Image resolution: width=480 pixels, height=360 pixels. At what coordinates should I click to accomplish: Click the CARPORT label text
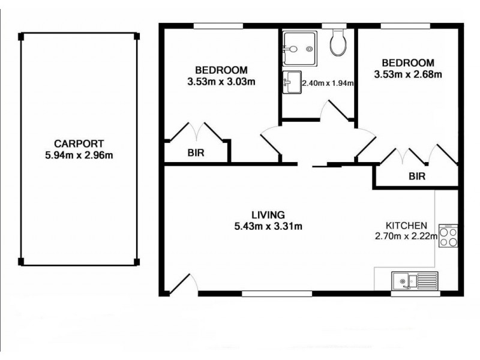tap(79, 143)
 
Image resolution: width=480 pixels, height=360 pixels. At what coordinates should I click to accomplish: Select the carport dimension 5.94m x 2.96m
tap(79, 154)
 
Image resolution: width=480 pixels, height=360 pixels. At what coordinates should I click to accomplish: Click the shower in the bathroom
tap(298, 45)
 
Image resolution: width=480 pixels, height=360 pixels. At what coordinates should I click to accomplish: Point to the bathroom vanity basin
tap(292, 82)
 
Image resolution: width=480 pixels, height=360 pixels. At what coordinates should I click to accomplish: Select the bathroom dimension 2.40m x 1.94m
tap(327, 83)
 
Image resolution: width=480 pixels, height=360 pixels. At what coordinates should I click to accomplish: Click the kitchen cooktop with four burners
tap(448, 235)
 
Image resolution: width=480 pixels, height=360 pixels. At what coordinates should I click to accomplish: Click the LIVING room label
tap(268, 215)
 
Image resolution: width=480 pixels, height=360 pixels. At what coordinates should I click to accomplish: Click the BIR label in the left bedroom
tap(196, 153)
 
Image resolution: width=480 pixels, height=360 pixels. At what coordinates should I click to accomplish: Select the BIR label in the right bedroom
tap(417, 176)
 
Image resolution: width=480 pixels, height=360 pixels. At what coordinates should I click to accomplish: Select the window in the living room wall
tap(277, 293)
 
